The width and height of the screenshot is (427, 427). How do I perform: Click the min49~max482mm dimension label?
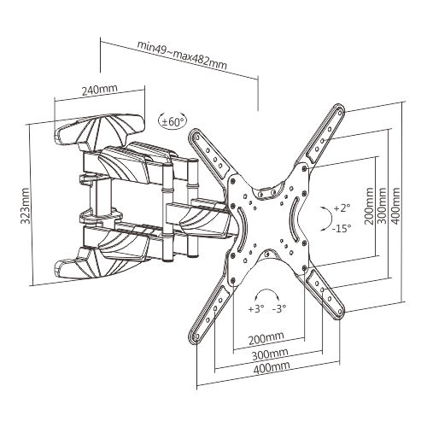182,56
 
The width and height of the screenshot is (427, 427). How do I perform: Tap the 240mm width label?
99,90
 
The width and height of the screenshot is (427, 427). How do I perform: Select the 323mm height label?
26,206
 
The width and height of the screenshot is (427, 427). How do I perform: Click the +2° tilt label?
342,208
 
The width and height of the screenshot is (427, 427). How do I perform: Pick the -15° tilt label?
342,228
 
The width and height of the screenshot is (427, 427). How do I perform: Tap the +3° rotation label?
256,308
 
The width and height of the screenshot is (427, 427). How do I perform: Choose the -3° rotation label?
279,308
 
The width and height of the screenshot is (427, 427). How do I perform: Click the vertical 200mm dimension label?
369,206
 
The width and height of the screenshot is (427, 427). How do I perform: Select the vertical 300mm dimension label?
382,206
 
